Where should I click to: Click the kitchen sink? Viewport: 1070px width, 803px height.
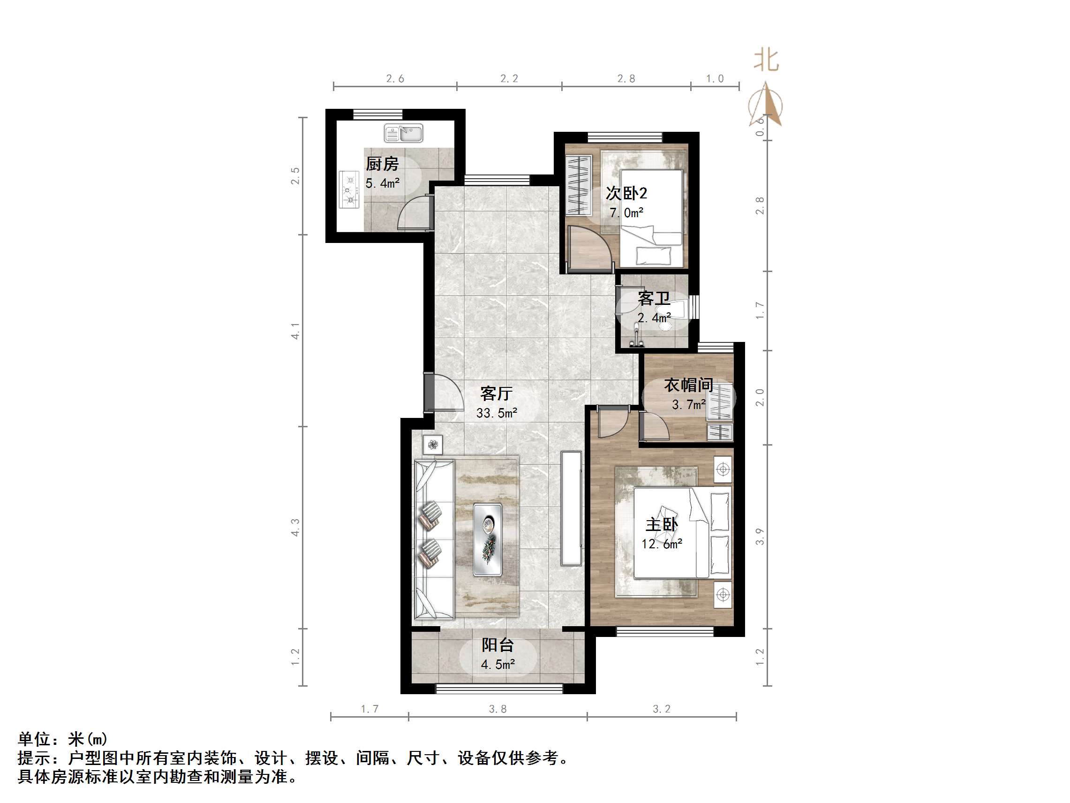pos(403,133)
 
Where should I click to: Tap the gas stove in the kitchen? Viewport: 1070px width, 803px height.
pos(349,189)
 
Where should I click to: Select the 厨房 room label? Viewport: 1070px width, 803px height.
pos(382,164)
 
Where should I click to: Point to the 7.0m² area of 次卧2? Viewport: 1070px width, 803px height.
pos(626,212)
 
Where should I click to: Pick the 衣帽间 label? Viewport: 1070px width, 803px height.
pos(688,385)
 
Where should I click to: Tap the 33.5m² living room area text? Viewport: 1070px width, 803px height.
pos(496,413)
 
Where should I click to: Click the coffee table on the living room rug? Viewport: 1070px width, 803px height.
pos(487,539)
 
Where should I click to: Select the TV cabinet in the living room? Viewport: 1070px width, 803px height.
pos(571,508)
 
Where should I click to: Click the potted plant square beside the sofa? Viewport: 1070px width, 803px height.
pos(432,444)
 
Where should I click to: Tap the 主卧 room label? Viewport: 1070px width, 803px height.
pos(661,524)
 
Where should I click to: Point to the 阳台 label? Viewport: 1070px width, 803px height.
pos(497,645)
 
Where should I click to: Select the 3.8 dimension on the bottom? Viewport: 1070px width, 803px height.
pos(497,709)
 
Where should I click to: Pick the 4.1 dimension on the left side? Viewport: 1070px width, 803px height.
pos(295,331)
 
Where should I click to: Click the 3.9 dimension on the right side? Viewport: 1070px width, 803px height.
pos(760,536)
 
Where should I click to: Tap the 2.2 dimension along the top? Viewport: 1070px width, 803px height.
pos(509,78)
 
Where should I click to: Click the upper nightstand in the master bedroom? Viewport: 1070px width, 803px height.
pos(723,469)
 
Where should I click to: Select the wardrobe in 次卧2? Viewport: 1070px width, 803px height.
pos(579,185)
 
